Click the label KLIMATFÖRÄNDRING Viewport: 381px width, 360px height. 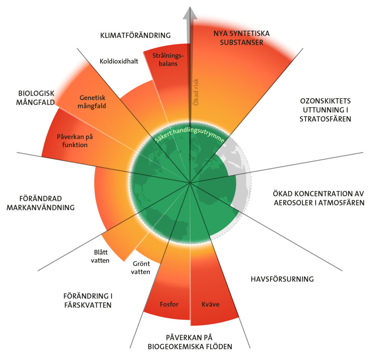pos(135,36)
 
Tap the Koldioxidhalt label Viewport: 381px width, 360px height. pos(119,61)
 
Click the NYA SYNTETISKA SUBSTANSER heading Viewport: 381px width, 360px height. pos(241,38)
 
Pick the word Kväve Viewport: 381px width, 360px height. pos(211,304)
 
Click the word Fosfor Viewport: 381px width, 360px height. pos(169,304)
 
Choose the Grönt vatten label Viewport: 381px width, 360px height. pos(141,268)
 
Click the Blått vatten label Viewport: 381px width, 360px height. pos(100,257)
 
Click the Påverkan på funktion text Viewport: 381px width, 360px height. pos(75,141)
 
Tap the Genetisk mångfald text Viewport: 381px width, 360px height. pos(93,101)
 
